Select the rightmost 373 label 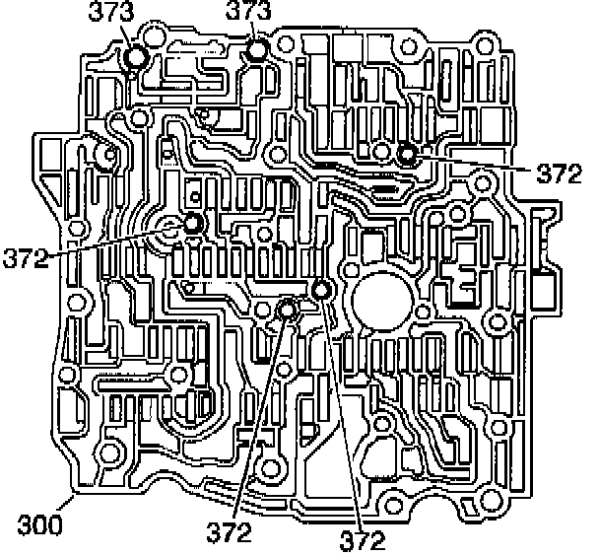tap(249, 14)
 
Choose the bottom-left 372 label tap(230, 535)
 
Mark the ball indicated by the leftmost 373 tap(136, 58)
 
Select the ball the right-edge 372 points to tap(407, 153)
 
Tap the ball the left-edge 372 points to tap(191, 224)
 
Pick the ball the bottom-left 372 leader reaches tap(287, 311)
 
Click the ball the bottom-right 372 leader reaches tap(320, 290)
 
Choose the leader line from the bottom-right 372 tap(341, 414)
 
